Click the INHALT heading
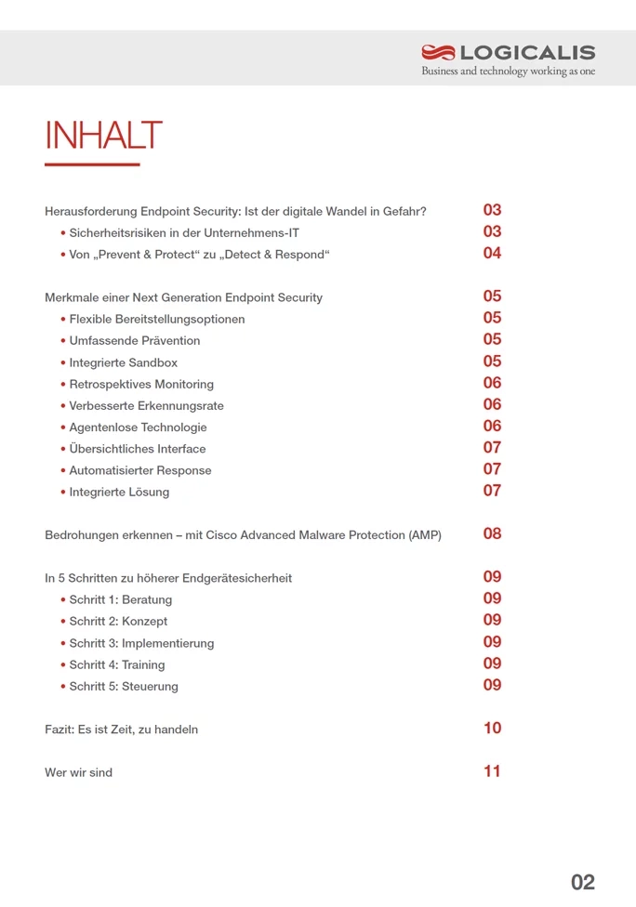click(x=103, y=136)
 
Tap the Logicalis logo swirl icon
click(x=439, y=53)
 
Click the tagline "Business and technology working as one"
click(x=508, y=72)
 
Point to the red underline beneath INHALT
click(x=92, y=164)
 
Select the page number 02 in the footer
click(x=583, y=882)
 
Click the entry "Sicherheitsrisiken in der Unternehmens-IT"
click(x=184, y=233)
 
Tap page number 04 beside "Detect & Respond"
click(x=492, y=253)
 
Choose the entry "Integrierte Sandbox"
click(x=123, y=362)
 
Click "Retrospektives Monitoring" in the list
click(x=141, y=384)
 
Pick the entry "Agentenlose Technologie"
click(x=138, y=427)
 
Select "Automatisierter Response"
click(x=140, y=470)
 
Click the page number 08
click(x=492, y=533)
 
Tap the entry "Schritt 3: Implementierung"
click(x=141, y=643)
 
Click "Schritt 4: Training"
click(x=117, y=664)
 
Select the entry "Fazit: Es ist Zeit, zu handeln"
click(x=121, y=730)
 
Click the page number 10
click(x=492, y=728)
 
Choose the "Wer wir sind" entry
click(x=78, y=772)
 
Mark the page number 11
click(x=492, y=770)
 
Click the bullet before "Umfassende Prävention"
click(x=63, y=341)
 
